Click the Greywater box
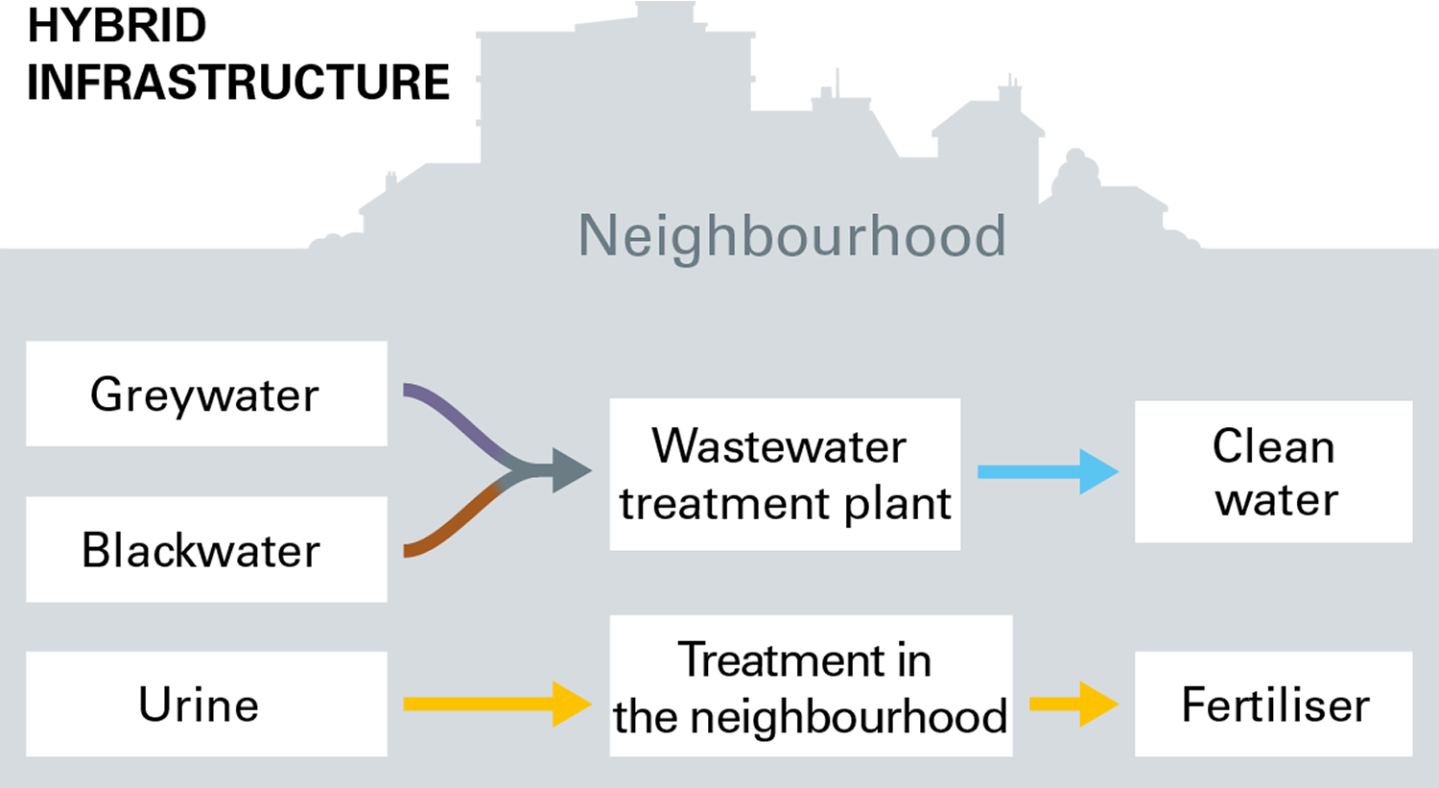[206, 394]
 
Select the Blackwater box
[206, 549]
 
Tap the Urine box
[206, 704]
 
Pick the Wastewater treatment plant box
[785, 474]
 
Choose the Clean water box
[1273, 471]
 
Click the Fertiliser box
[1273, 704]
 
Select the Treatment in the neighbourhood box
[811, 685]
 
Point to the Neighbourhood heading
[792, 236]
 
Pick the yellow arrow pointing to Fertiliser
[1073, 704]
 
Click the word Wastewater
[779, 446]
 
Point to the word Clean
[1273, 446]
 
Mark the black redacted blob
[221, 82]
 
